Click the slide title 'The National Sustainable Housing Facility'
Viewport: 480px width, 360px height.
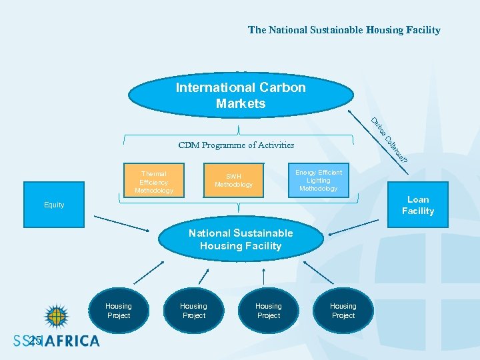tap(344, 30)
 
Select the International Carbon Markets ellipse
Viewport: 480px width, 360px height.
tap(241, 95)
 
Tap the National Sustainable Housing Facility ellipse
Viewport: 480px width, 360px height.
tap(241, 239)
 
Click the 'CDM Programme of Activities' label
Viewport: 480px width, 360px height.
tap(236, 145)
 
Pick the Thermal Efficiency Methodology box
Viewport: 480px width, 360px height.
tap(154, 181)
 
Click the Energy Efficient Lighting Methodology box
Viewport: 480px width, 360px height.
tap(319, 180)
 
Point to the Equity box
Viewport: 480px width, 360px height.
tap(55, 205)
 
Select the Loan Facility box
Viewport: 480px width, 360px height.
tap(418, 205)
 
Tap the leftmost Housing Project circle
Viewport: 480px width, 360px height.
tap(119, 311)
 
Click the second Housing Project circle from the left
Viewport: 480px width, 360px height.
tap(194, 311)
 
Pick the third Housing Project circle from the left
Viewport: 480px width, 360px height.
tap(269, 311)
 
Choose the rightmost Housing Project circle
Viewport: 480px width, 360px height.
tap(343, 311)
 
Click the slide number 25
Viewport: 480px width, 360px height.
tap(35, 341)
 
